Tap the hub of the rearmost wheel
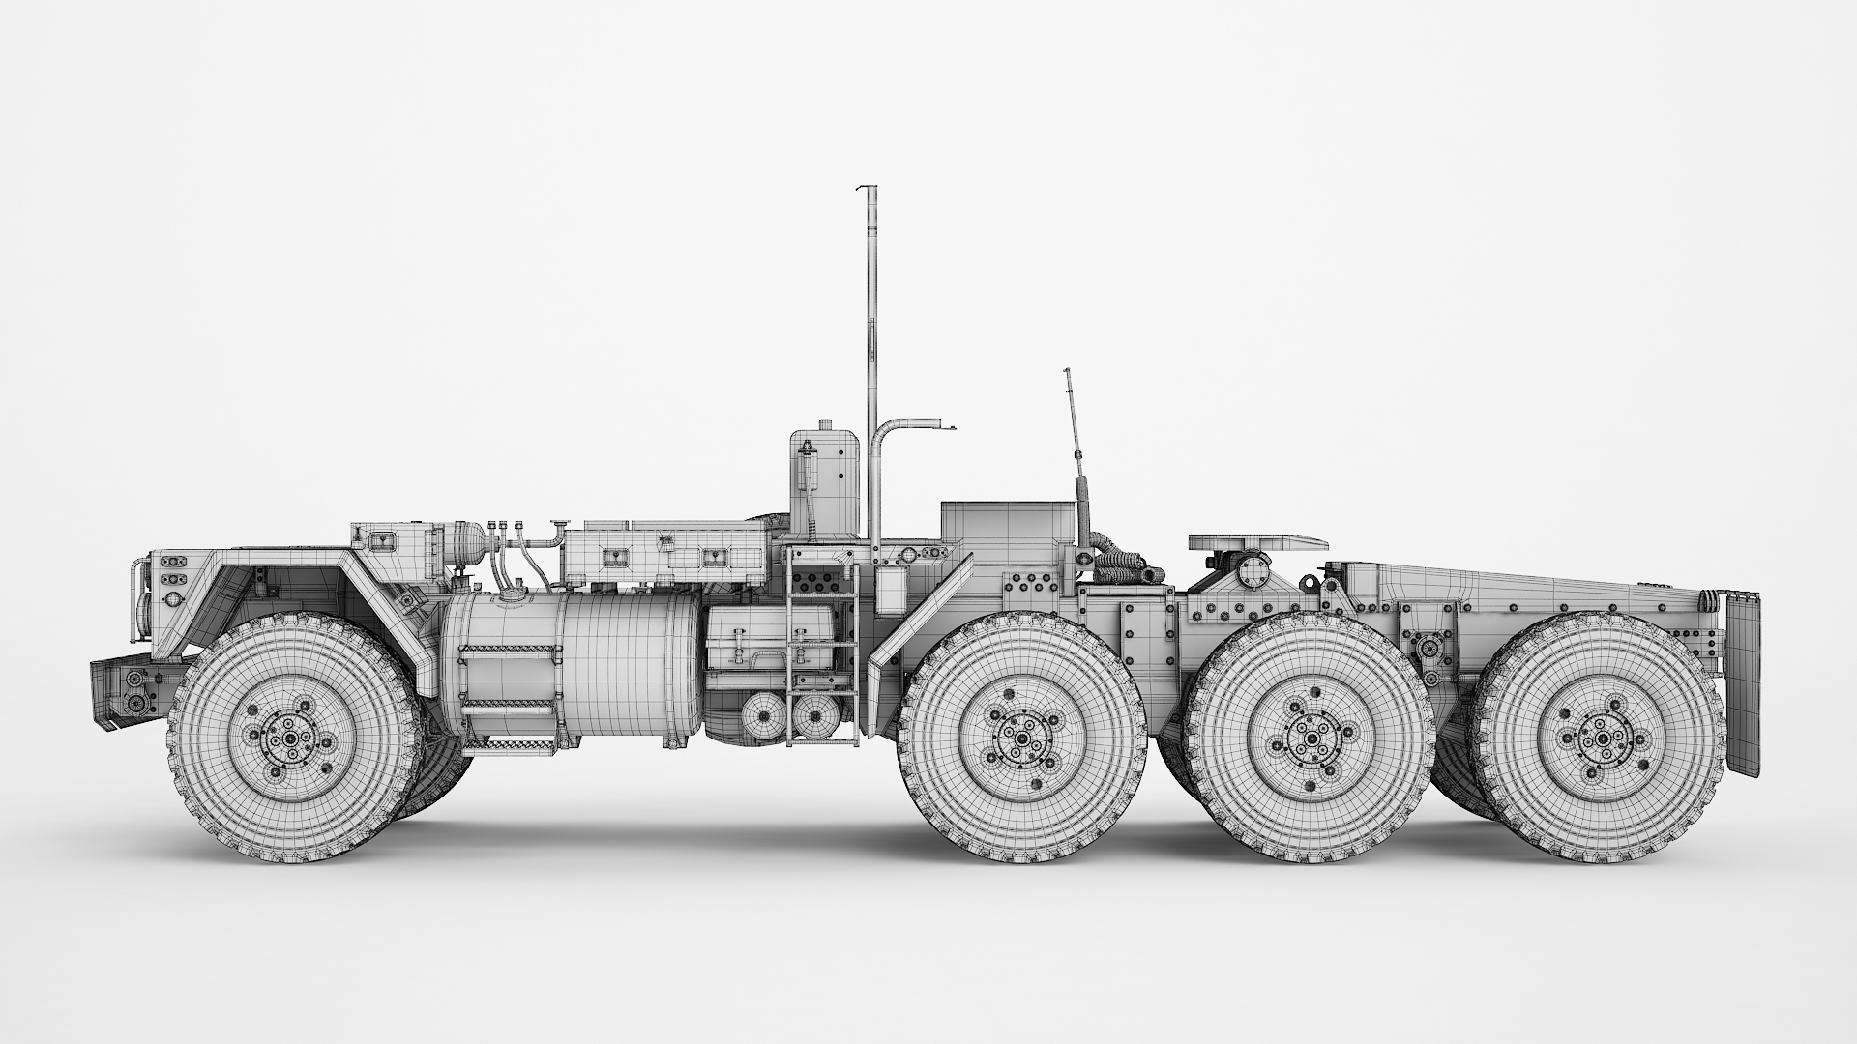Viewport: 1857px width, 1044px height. [x=1603, y=739]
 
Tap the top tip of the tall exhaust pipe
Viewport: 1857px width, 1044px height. [x=868, y=188]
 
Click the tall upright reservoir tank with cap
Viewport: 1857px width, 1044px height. [x=824, y=483]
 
